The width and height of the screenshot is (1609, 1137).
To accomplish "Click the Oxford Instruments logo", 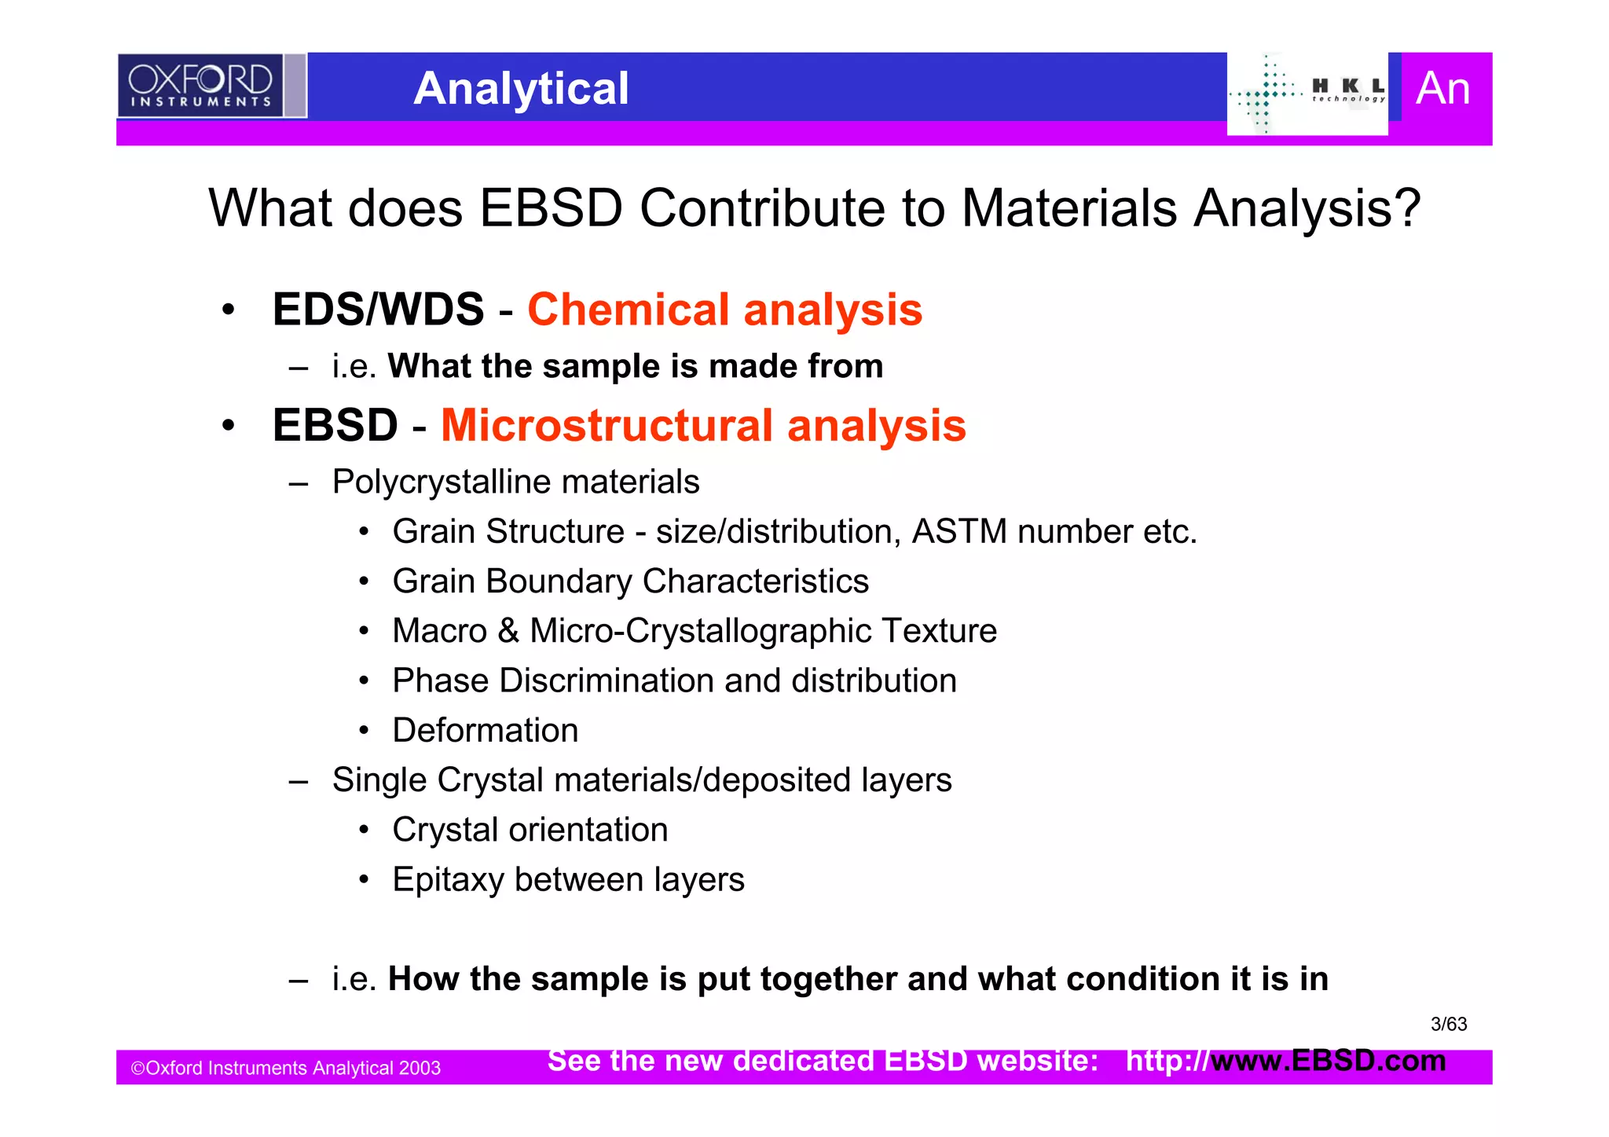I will point(201,86).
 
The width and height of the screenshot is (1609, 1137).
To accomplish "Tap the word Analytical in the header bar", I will point(521,88).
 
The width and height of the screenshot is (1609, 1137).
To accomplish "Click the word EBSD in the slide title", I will point(551,209).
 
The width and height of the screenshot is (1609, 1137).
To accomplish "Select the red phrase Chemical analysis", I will point(724,310).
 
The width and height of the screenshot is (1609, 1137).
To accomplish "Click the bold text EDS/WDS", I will point(378,310).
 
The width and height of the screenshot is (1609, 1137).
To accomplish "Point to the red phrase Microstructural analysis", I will point(703,426).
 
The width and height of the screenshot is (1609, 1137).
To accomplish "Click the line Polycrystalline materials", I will point(515,482).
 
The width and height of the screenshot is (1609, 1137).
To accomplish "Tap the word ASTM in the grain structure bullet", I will point(958,532).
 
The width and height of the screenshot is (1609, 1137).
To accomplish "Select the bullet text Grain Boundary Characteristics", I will point(630,581).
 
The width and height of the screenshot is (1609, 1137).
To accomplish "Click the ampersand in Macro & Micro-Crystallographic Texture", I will point(508,631).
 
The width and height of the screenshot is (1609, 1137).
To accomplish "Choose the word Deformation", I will point(485,731).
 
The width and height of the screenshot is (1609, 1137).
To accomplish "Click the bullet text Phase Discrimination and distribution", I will point(674,680).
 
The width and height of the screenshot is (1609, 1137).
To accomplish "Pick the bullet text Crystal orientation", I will point(530,830).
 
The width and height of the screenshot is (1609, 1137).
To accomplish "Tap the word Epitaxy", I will point(447,880).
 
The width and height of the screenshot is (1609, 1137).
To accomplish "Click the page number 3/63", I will point(1449,1025).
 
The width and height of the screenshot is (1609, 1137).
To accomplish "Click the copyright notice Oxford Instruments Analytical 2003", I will point(286,1069).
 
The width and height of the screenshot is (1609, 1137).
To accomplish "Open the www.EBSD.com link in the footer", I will point(1328,1061).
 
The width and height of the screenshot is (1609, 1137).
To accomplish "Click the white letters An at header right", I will point(1442,88).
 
